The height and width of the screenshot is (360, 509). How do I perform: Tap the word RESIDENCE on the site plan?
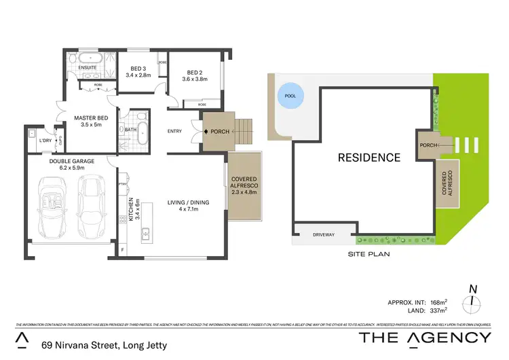click(369, 158)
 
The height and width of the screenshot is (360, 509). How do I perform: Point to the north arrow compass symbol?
click(472, 297)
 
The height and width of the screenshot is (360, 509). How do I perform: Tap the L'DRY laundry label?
click(45, 140)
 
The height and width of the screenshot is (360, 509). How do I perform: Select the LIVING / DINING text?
click(189, 202)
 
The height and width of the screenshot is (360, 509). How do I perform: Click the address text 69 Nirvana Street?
click(107, 345)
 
